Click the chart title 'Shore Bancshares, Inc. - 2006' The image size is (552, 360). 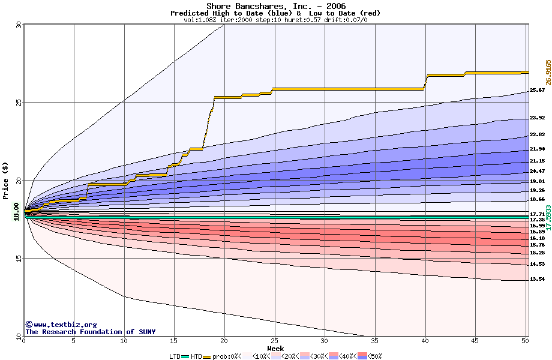276,6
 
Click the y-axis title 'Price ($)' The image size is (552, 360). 6,180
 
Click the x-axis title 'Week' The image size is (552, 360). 275,348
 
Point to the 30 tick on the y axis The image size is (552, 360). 19,25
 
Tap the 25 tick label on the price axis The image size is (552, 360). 19,103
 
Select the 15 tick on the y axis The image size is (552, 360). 19,259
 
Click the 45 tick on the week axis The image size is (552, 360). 475,341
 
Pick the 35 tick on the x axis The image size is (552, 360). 375,341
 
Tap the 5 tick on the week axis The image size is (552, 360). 74,341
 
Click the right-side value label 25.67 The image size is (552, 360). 537,90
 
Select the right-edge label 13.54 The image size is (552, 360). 537,279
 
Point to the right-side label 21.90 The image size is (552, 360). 537,149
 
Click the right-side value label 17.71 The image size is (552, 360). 537,214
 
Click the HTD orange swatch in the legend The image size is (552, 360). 208,356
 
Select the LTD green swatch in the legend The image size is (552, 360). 185,356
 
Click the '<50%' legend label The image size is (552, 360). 374,356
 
